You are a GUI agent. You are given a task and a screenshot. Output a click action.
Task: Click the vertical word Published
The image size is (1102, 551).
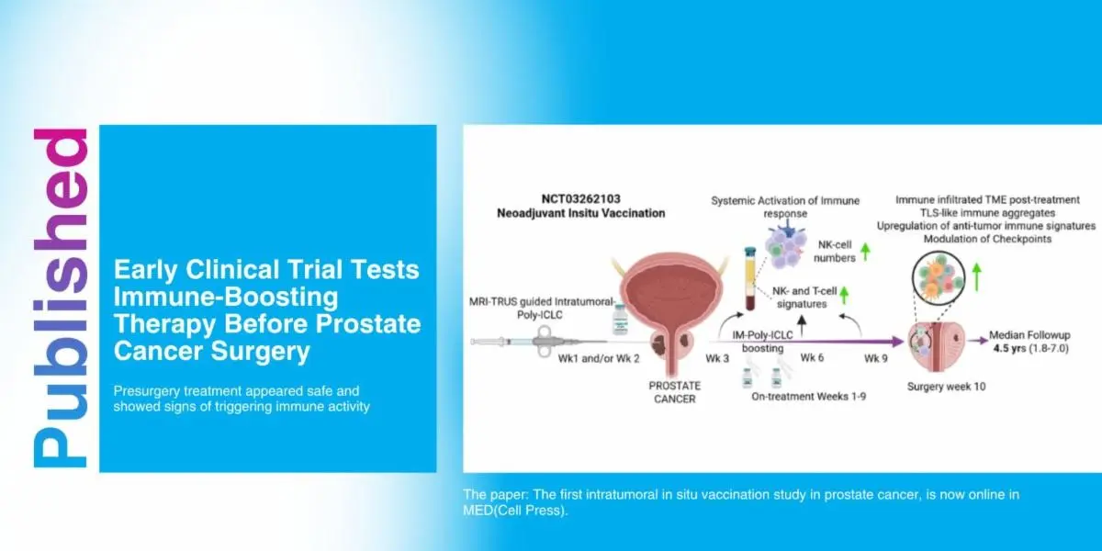[x=61, y=298]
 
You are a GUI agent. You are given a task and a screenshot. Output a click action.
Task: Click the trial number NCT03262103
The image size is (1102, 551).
[x=581, y=198]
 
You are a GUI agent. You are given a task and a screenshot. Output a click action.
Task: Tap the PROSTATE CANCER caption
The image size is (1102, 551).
[x=674, y=392]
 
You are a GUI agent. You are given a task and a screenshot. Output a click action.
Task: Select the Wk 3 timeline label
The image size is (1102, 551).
[x=717, y=358]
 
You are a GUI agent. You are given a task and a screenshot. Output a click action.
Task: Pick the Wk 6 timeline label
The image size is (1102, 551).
[x=812, y=357]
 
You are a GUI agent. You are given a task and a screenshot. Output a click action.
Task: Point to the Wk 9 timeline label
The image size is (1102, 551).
[x=876, y=358]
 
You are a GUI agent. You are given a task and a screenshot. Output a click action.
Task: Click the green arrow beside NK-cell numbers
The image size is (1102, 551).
[x=865, y=252]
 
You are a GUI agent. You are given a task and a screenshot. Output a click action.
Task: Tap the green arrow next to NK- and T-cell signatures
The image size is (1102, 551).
[x=844, y=295]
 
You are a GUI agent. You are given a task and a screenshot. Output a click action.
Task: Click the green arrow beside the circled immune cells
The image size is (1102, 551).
[x=977, y=277]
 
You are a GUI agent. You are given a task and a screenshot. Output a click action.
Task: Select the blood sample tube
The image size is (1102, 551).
[x=749, y=278]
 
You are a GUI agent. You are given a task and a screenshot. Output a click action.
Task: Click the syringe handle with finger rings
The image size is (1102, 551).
[x=543, y=341]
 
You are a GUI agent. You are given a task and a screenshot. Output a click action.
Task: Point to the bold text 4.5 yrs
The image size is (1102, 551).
[x=1009, y=348]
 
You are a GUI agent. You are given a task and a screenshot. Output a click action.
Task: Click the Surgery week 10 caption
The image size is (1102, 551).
[x=946, y=387]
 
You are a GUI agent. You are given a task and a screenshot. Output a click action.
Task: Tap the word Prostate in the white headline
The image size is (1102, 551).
[x=368, y=323]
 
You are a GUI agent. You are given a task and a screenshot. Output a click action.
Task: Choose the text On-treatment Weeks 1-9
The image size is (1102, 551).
[x=808, y=397]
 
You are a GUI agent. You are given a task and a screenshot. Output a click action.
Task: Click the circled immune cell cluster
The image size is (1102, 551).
[x=939, y=277]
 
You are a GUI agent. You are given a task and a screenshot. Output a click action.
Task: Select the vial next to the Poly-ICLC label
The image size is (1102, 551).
[x=620, y=320]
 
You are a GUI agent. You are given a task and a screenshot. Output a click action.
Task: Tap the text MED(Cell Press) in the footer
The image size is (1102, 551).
[x=514, y=511]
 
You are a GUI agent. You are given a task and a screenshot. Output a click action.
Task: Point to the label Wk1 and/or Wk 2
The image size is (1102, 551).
[x=598, y=359]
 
